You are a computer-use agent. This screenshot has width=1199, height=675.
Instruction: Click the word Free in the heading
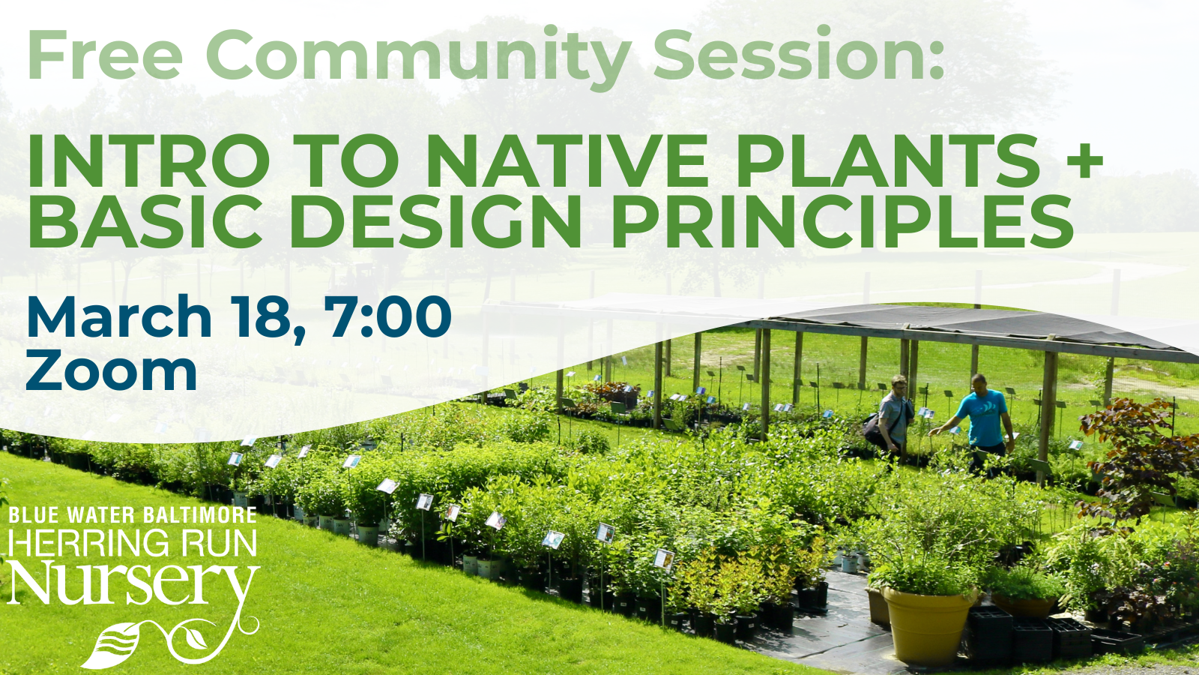[x=105, y=56]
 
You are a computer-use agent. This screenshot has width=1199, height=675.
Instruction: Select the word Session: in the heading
[x=798, y=56]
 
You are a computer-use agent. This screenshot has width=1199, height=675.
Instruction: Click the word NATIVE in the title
[x=567, y=161]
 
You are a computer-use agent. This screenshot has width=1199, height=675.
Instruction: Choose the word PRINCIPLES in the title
[x=843, y=221]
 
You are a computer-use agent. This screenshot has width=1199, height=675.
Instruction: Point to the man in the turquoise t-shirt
[x=982, y=420]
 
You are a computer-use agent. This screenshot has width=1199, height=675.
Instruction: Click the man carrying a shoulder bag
[x=892, y=416]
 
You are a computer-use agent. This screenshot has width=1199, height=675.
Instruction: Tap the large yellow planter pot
[x=928, y=622]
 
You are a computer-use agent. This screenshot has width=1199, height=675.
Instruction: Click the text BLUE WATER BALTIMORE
[x=133, y=515]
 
